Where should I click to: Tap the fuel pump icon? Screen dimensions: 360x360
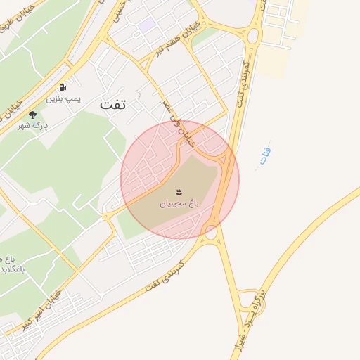[x=63, y=87]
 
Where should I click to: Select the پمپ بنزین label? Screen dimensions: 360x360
[x=64, y=99]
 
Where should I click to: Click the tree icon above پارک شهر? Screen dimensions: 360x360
[x=32, y=115]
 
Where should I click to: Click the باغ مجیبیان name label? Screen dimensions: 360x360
[x=179, y=203]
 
